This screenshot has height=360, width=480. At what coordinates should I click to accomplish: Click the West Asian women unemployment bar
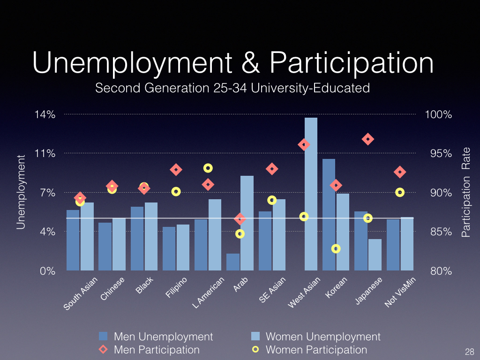tap(311, 194)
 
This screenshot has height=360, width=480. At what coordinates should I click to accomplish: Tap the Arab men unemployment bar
tap(233, 262)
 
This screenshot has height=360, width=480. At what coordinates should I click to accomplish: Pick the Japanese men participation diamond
tap(368, 139)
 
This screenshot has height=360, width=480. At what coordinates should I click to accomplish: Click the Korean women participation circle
tap(336, 248)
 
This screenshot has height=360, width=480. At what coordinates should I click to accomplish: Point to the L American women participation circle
tap(208, 168)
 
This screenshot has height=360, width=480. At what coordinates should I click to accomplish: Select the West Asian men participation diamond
tap(304, 145)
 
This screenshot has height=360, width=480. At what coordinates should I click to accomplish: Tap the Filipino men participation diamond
tap(176, 170)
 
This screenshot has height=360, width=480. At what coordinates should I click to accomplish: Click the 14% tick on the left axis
tap(45, 114)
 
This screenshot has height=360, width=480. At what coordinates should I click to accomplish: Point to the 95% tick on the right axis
tap(438, 154)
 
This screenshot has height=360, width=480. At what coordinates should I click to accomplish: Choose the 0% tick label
tap(48, 271)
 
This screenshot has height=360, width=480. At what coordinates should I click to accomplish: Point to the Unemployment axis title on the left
tap(20, 192)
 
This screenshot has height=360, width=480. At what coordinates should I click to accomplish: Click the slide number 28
tap(469, 352)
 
